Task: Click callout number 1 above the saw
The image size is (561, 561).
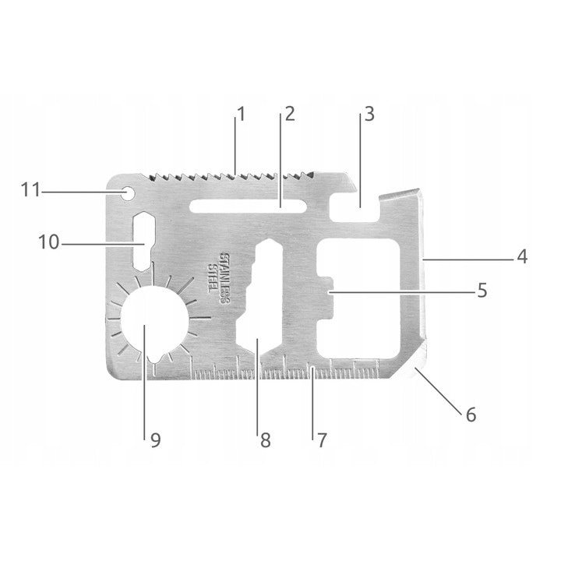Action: (x=241, y=114)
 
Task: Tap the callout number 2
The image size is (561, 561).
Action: (x=289, y=114)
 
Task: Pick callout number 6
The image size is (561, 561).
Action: (x=471, y=415)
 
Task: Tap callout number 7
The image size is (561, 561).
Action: (x=320, y=439)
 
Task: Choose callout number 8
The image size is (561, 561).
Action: (x=265, y=440)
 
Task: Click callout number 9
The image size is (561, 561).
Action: (x=155, y=440)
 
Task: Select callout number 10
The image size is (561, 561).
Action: (x=48, y=242)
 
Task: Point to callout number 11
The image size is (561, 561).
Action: (x=30, y=189)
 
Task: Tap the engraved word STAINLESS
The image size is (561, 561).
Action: (x=227, y=277)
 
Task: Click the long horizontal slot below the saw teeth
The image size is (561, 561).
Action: (x=248, y=206)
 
